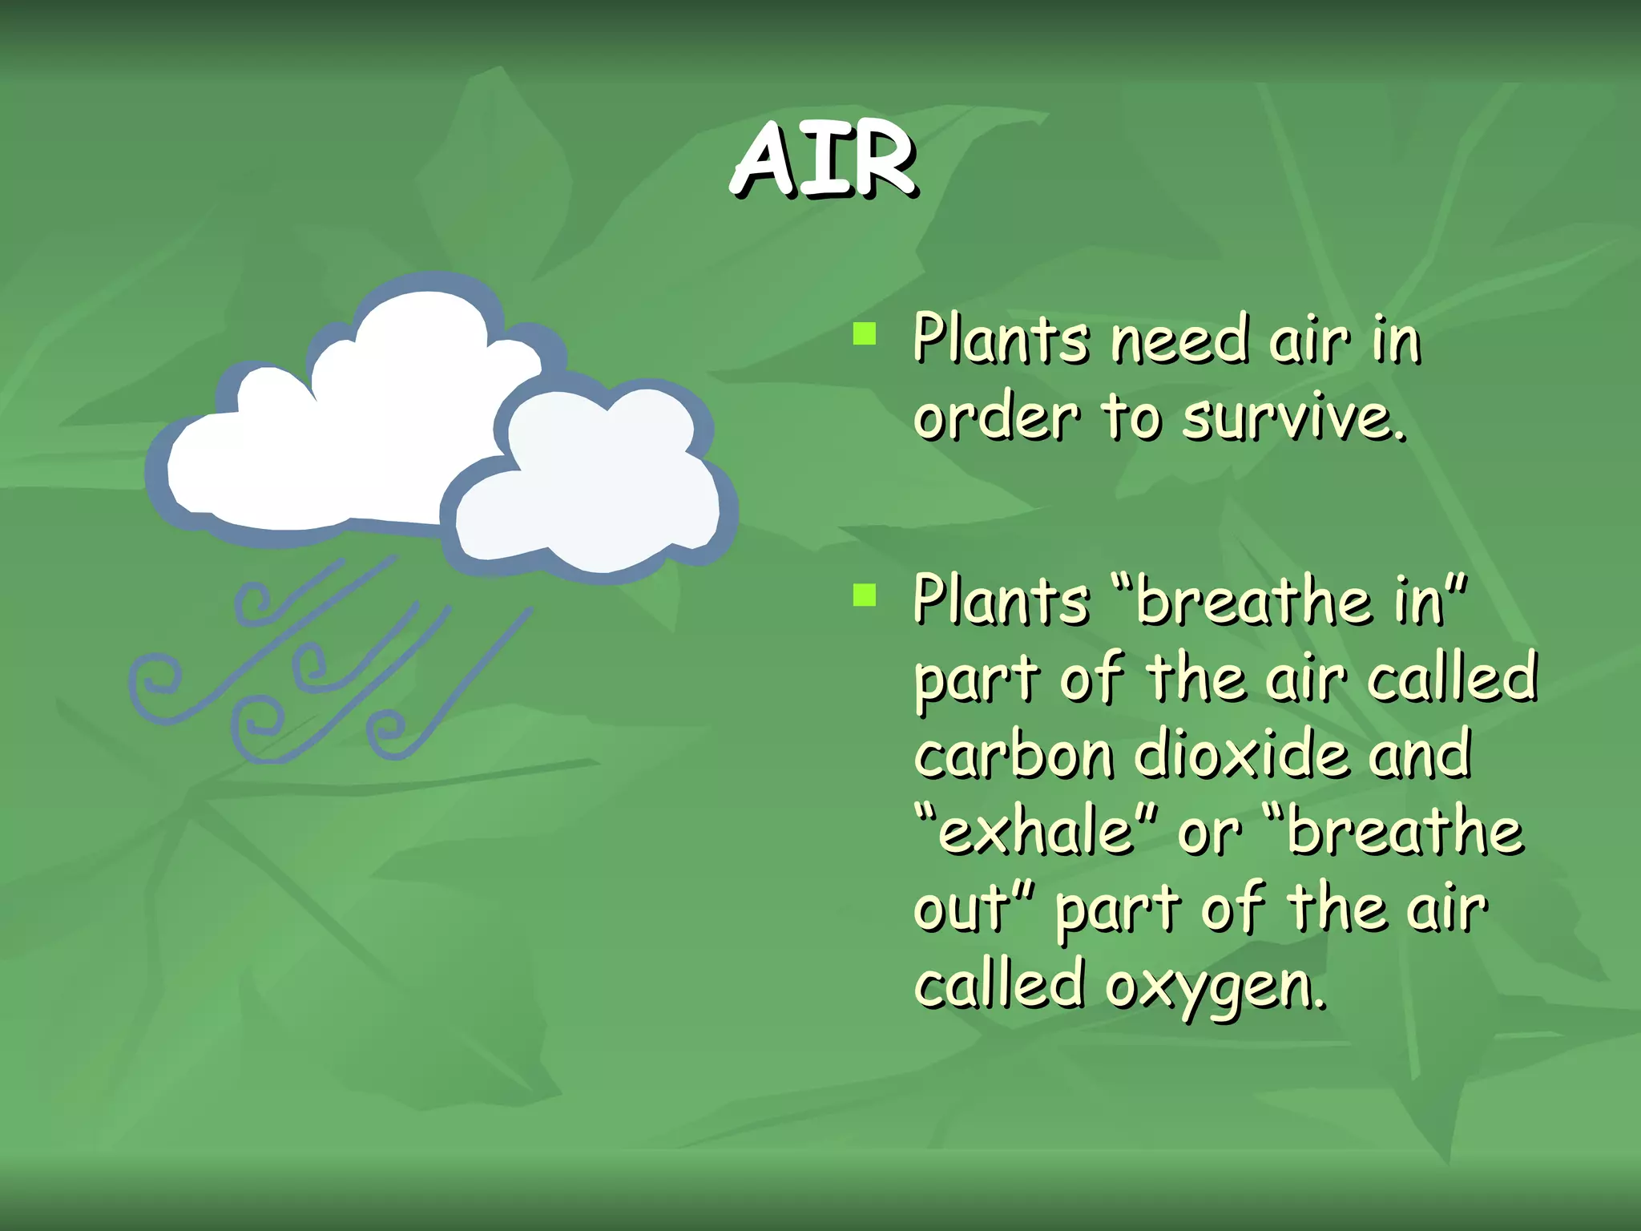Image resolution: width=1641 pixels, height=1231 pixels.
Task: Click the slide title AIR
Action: click(x=825, y=159)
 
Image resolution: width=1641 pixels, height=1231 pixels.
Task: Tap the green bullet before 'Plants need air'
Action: click(x=865, y=333)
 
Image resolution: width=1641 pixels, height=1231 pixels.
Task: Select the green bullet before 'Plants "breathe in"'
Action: click(x=865, y=595)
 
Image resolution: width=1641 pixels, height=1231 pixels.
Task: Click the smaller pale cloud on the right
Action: click(x=593, y=489)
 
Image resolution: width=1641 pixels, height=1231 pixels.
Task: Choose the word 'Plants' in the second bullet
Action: click(x=1001, y=600)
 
